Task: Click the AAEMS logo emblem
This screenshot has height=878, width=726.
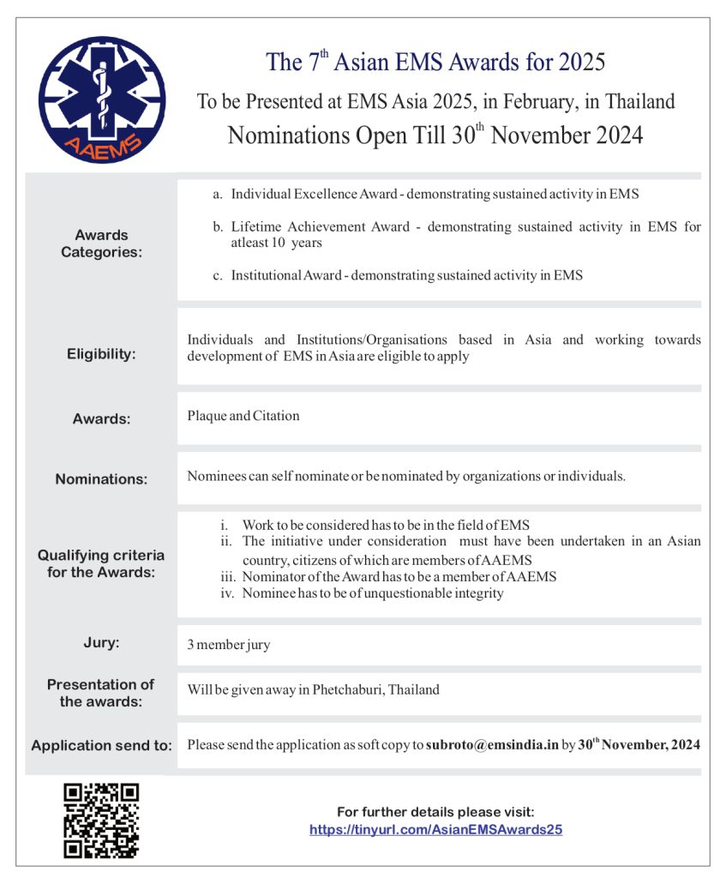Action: click(102, 100)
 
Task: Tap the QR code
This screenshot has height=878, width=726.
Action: click(101, 821)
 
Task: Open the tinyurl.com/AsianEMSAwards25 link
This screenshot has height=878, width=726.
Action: click(435, 829)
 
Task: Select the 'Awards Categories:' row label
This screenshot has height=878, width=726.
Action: click(101, 244)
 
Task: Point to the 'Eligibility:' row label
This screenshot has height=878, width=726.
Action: click(101, 353)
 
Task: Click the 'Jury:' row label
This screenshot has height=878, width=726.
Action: click(101, 643)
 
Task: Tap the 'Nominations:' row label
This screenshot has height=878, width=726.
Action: click(101, 479)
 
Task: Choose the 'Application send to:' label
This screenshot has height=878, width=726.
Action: click(101, 745)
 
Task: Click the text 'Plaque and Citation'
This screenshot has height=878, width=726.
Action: click(243, 416)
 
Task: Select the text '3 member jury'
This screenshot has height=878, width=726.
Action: click(229, 645)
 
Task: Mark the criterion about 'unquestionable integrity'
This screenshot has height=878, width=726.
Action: click(372, 592)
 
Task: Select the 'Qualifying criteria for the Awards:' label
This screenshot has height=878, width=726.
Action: click(101, 563)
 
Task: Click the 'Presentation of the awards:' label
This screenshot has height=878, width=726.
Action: click(101, 693)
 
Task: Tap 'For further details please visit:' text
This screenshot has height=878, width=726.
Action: click(435, 811)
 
